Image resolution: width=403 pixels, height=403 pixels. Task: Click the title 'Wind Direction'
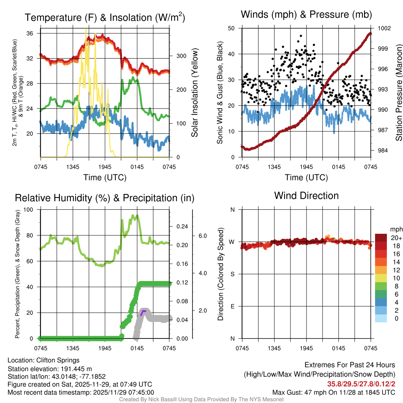306,196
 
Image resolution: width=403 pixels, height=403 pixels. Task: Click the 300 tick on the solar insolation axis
179,56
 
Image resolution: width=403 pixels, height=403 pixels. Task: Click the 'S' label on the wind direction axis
232,274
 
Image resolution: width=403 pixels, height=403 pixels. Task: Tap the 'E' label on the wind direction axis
232,306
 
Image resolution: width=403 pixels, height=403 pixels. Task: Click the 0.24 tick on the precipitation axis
181,226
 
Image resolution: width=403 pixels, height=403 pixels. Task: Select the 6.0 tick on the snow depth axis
203,236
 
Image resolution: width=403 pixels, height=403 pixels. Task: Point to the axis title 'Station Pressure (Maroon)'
398,92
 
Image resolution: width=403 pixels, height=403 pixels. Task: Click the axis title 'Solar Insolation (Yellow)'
194,93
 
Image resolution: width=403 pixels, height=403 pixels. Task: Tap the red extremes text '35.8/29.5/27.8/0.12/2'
361,384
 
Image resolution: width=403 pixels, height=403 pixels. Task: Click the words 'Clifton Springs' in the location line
58,360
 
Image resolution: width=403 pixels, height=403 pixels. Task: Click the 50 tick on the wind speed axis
231,28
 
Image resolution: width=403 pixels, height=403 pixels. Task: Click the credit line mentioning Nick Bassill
201,399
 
